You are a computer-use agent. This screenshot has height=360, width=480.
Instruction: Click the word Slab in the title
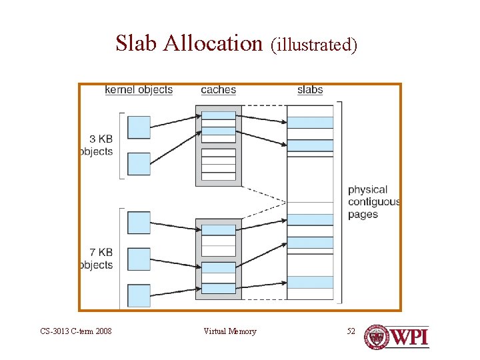coord(137,43)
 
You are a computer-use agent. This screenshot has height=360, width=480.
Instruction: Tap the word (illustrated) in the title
coord(314,45)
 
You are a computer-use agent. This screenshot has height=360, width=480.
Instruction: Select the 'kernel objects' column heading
coord(139,89)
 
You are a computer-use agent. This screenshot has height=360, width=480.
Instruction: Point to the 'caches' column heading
coord(218,89)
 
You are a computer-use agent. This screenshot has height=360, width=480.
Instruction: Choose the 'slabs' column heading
coord(310,89)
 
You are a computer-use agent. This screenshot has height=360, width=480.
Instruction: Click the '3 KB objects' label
coord(97,145)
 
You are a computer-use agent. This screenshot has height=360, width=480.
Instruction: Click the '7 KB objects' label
coord(97,258)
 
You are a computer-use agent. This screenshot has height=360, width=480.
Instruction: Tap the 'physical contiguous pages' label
coord(373,202)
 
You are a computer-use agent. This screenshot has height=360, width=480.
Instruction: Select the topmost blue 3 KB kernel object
coord(139,127)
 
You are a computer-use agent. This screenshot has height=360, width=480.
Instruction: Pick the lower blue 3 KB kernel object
coord(139,163)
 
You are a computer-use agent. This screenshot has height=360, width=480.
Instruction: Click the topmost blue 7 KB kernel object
coord(139,223)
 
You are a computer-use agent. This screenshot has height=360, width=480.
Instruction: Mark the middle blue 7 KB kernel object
coord(139,259)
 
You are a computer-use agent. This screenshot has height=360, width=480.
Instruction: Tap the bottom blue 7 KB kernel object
coord(139,295)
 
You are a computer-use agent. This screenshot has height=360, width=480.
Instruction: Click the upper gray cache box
coord(219,145)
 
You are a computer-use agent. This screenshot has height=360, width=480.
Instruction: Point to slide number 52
coord(351,331)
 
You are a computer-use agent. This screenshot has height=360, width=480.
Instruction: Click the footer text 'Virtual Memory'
coord(230,331)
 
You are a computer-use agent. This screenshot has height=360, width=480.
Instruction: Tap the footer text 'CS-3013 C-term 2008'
coord(75,331)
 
